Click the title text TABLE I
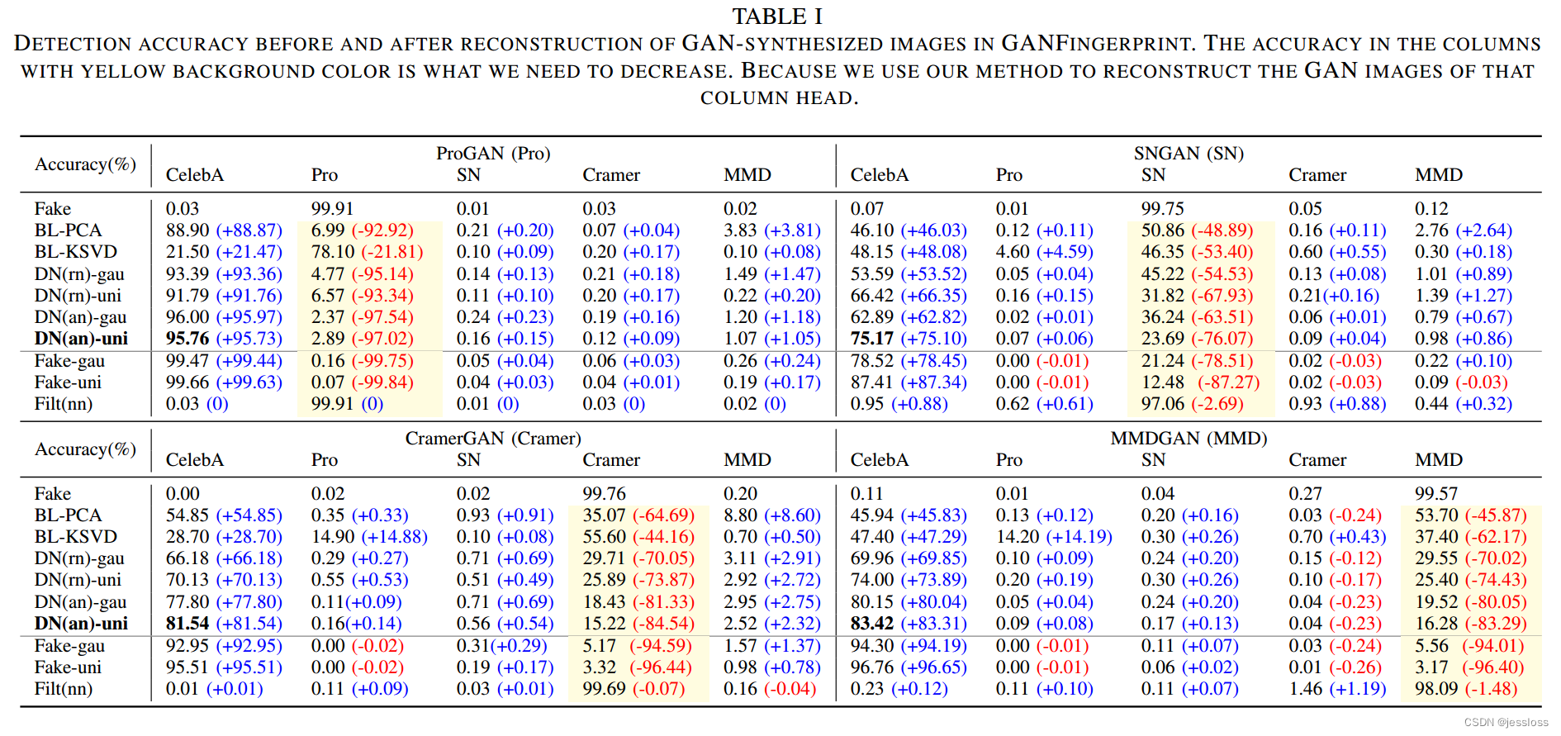777,17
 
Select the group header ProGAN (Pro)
493,153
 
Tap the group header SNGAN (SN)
1189,153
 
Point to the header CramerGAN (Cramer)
493,438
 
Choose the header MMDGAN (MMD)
1189,438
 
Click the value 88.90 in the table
187,230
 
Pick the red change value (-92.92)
382,230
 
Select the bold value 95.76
187,339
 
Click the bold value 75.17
872,339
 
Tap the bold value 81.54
187,624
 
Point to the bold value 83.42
872,624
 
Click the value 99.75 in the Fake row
1163,209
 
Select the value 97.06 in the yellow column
1163,404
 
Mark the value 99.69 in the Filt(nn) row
605,689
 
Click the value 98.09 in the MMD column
1436,689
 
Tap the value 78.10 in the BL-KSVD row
333,252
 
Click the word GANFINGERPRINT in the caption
1097,43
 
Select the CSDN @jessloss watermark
1506,723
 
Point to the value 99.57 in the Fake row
1436,494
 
